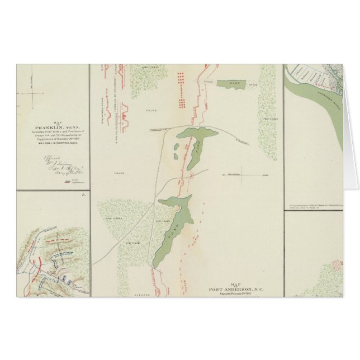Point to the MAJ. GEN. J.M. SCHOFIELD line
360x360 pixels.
tap(54, 147)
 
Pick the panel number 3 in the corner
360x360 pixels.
tap(84, 195)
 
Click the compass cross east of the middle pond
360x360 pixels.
tap(241, 173)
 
